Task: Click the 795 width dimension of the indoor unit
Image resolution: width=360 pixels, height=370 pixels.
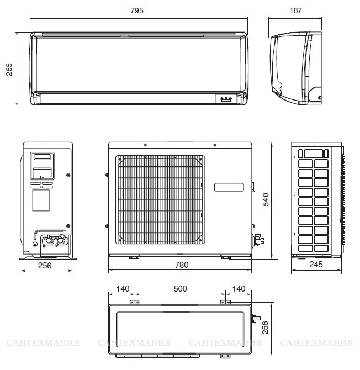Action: (x=137, y=10)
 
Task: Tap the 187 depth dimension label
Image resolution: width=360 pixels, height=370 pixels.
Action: (x=295, y=10)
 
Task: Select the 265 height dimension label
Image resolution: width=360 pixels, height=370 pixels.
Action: (x=9, y=70)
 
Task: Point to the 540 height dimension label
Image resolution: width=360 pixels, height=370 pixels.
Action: (x=266, y=199)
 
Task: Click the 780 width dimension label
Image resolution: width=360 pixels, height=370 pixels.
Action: (x=182, y=265)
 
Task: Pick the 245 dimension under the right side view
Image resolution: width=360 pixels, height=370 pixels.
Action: (x=316, y=265)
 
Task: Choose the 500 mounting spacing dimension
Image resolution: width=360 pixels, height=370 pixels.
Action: (x=180, y=289)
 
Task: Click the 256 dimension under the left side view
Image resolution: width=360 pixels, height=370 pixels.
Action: (x=45, y=266)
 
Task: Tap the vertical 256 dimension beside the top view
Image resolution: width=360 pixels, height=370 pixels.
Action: (x=266, y=327)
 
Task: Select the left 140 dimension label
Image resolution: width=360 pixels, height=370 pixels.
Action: (x=123, y=289)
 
